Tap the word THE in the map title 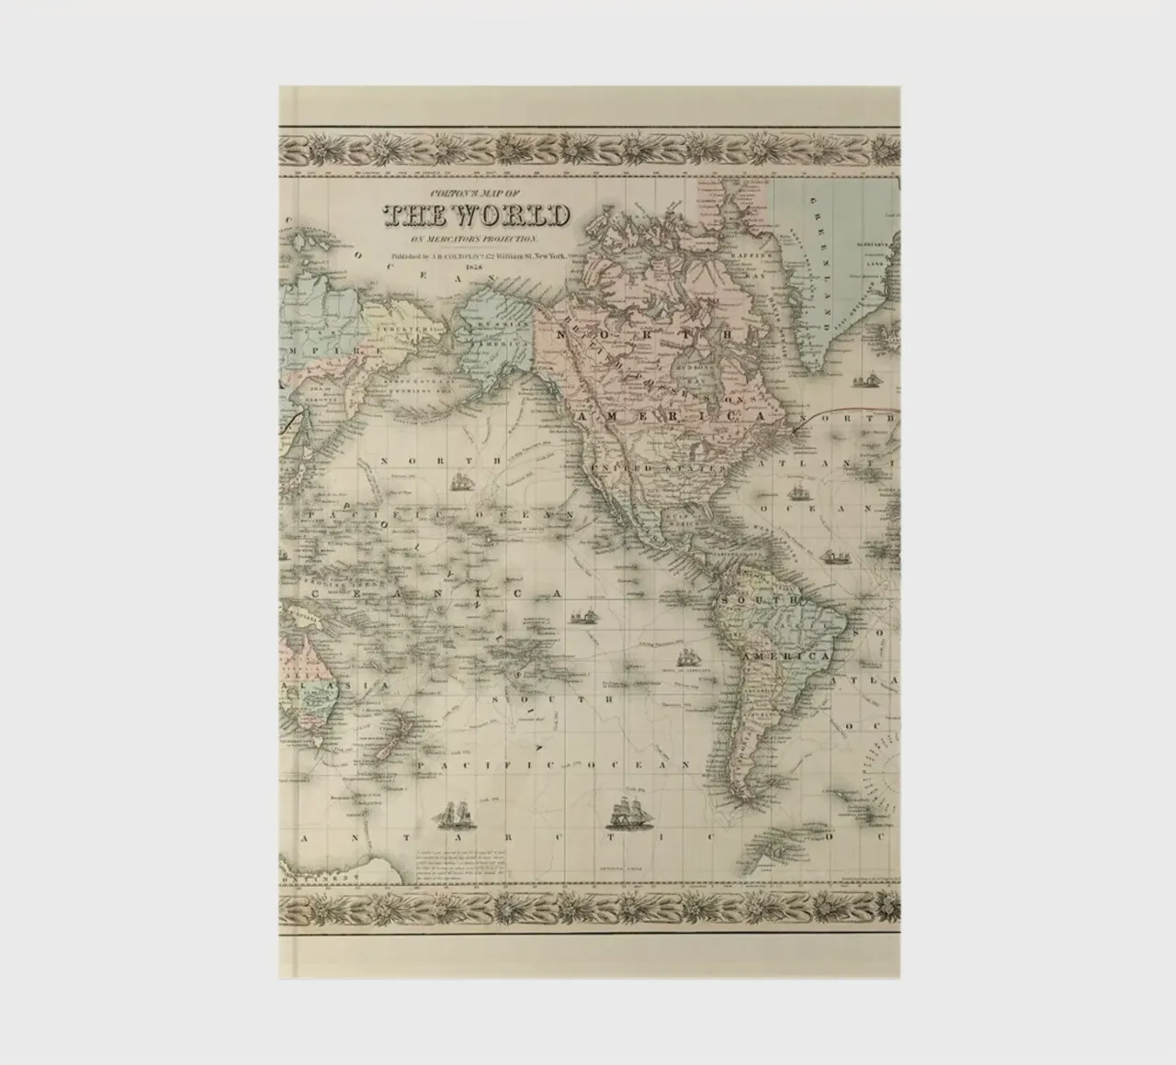click(x=419, y=216)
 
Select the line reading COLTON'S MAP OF click(x=475, y=195)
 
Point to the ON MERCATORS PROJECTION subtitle click(x=475, y=239)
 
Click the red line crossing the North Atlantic click(x=845, y=404)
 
